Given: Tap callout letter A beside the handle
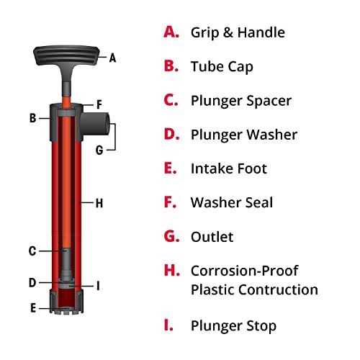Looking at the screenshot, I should [112, 57].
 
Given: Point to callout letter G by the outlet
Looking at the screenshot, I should [100, 150].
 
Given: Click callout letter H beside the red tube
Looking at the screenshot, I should [99, 204].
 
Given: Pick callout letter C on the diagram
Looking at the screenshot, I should [32, 251].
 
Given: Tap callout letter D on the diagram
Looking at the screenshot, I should [32, 282].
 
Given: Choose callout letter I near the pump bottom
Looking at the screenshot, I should [98, 286].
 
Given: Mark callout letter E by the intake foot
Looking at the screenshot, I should [32, 307].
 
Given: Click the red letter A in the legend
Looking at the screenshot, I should [170, 32].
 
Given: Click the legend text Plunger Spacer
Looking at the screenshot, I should [240, 100].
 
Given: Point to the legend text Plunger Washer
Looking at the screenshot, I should [243, 135].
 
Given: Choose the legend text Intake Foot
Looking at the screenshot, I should [228, 168].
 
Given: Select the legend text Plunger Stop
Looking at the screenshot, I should [233, 325].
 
